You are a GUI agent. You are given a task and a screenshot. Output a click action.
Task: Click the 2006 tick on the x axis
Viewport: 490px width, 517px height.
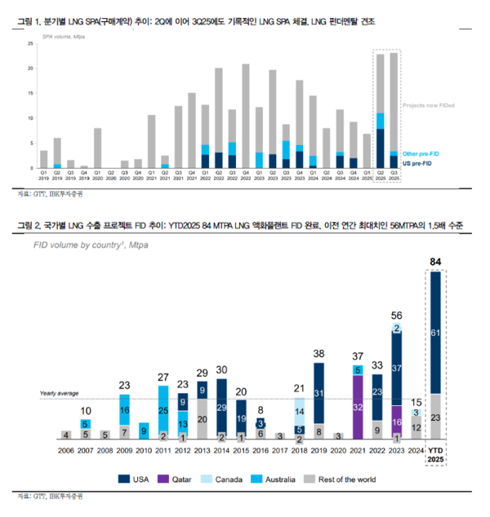pos(65,449)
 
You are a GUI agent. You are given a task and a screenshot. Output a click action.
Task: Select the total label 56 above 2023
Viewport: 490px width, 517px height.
pos(397,316)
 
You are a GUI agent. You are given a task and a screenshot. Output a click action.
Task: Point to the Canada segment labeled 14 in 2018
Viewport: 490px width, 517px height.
pos(300,412)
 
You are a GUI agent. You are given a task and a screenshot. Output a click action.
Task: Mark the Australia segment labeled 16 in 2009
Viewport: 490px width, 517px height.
pos(124,409)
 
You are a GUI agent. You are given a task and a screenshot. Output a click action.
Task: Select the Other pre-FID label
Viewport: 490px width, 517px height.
pos(421,153)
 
